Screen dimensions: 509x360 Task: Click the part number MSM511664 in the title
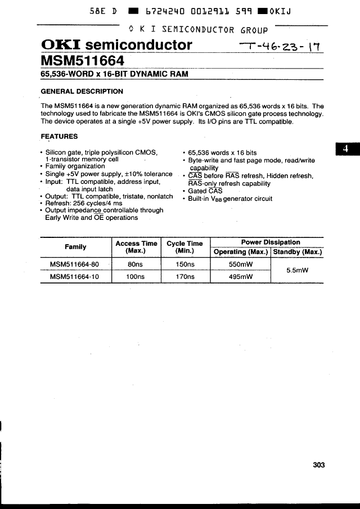83,60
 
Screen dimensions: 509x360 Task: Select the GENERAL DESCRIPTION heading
82,91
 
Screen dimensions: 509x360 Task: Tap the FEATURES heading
60,136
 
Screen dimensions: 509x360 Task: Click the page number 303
319,465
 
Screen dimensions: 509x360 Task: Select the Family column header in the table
75,247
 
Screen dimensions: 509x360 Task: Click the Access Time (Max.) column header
136,247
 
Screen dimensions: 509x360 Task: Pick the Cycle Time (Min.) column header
184,247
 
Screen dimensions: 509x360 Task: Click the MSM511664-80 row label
74,264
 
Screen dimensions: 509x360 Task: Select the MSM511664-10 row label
74,277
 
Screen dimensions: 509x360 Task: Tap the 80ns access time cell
136,264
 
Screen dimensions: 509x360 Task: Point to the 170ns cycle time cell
185,277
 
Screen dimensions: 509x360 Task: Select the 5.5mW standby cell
298,271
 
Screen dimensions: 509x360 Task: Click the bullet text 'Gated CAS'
205,191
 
